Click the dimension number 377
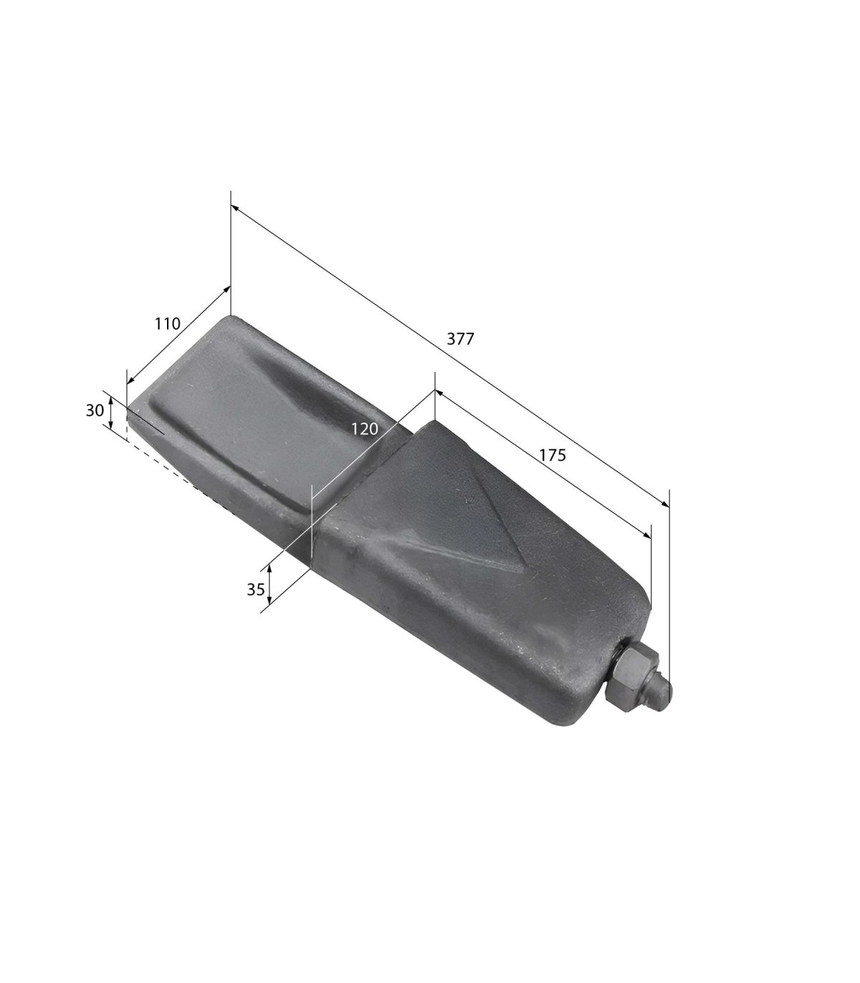(460, 339)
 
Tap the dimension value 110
(167, 324)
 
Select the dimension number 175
(553, 455)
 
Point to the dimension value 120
(364, 428)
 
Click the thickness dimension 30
(95, 410)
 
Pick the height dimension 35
(256, 589)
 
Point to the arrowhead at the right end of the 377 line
(665, 504)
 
